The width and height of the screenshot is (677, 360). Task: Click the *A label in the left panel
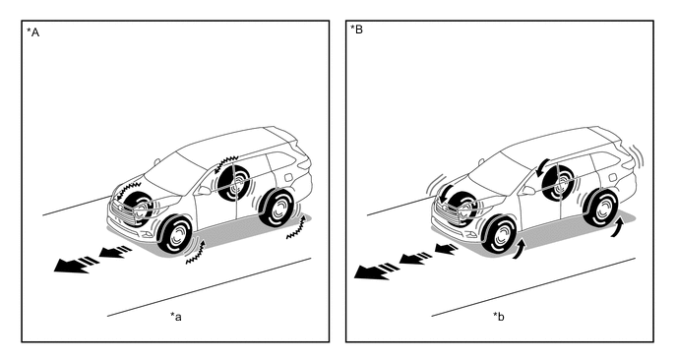click(x=32, y=32)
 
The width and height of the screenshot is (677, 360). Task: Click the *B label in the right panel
click(x=356, y=30)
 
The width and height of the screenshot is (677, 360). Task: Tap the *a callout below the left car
click(x=176, y=317)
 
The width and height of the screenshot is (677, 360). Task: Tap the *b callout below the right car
click(x=499, y=317)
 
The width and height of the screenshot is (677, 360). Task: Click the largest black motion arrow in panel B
click(x=376, y=271)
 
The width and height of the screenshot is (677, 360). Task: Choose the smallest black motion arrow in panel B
click(x=446, y=248)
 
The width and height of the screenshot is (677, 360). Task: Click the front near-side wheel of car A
click(x=175, y=235)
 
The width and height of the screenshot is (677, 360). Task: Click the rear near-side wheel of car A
click(x=277, y=208)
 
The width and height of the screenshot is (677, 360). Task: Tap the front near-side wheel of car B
click(x=499, y=235)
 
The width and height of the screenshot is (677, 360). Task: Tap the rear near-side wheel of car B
click(x=601, y=208)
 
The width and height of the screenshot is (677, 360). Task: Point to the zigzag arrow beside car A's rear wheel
click(x=297, y=228)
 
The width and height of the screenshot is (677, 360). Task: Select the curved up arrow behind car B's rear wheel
click(x=617, y=227)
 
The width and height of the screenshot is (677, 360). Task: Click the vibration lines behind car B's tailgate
click(x=636, y=157)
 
